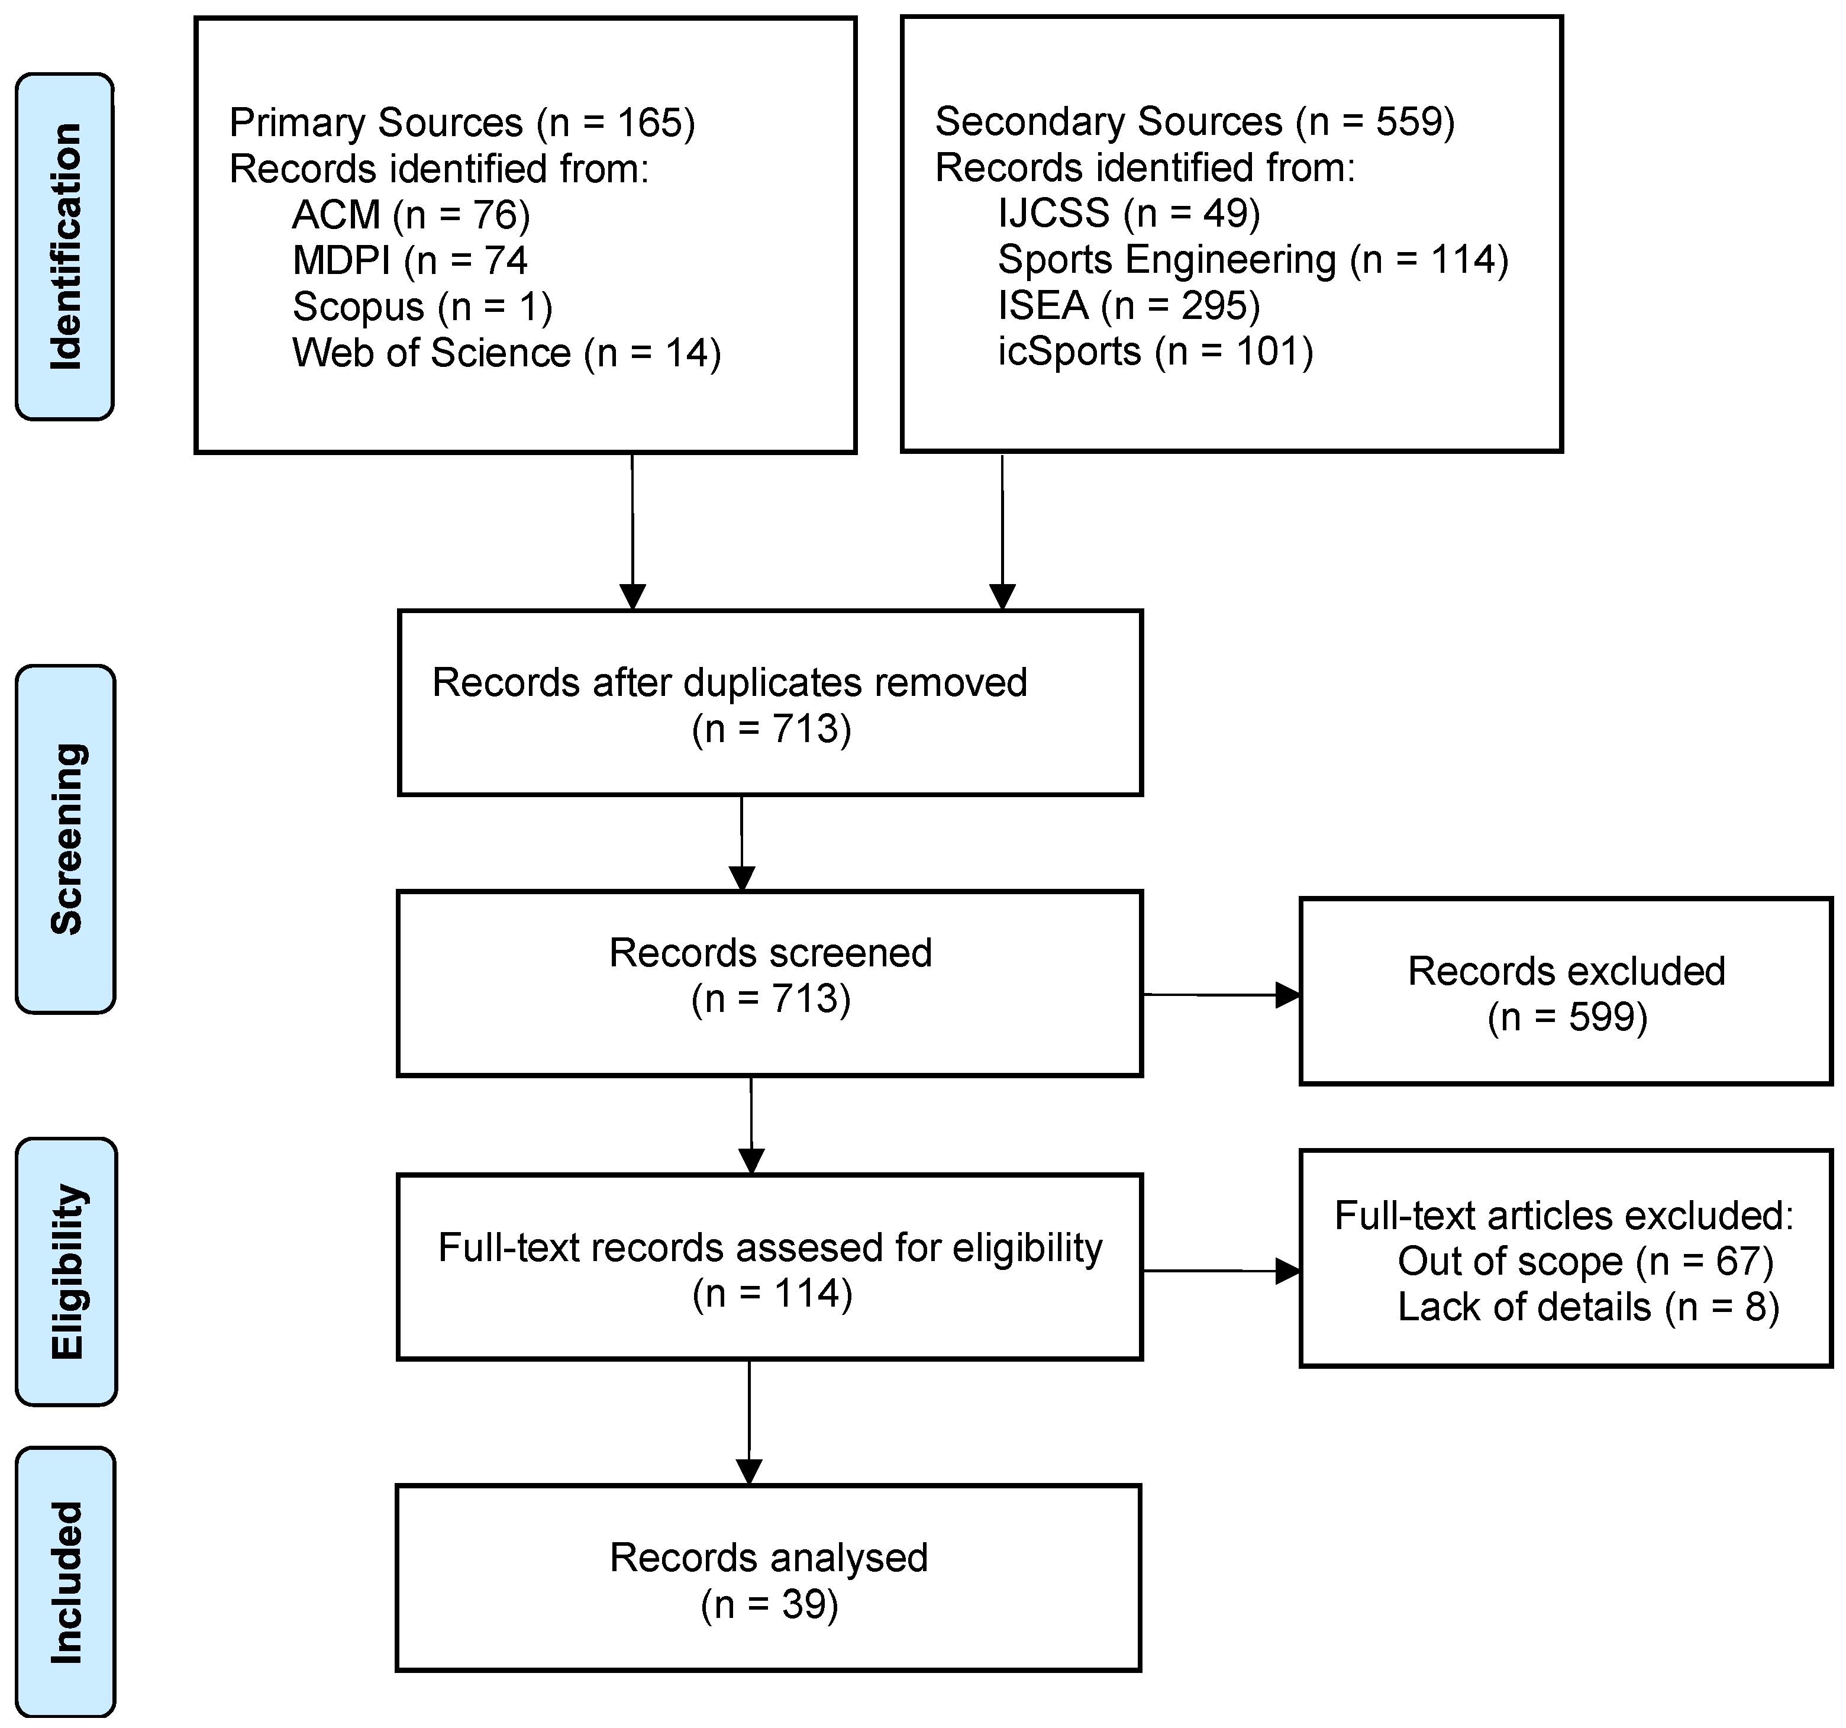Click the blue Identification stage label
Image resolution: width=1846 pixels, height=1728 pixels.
(x=65, y=247)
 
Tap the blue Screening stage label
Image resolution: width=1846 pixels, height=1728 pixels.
(x=66, y=839)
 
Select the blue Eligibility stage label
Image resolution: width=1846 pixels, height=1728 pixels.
(x=66, y=1271)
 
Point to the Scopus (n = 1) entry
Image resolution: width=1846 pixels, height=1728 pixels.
(x=422, y=307)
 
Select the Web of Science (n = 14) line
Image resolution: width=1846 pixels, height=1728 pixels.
(x=506, y=353)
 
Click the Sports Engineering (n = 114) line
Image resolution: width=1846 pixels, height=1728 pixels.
(x=1252, y=260)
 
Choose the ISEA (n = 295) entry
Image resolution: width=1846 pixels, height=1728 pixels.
(x=1128, y=305)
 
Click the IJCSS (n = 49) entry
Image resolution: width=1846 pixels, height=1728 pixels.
(x=1128, y=214)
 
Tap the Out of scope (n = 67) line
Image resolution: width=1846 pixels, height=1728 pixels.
(x=1585, y=1261)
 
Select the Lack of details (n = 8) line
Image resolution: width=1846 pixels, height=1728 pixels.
(x=1588, y=1307)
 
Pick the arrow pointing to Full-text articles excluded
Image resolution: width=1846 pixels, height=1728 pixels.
(x=1221, y=1270)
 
